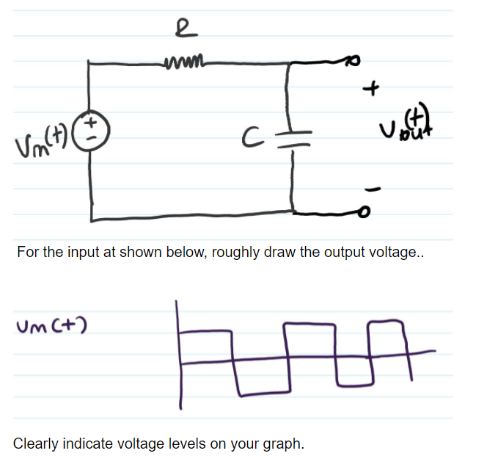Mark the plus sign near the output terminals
pos(374,90)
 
